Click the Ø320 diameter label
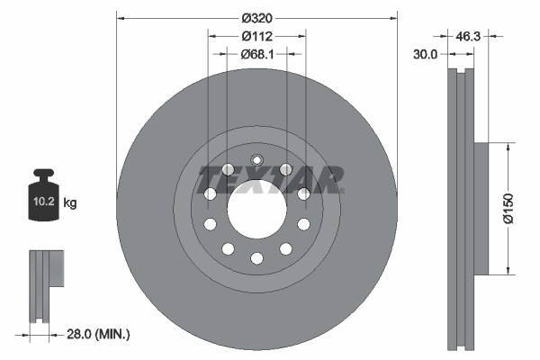256,16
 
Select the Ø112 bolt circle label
256,36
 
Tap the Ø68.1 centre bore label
256,54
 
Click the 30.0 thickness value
425,55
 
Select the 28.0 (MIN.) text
101,335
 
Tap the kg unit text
70,203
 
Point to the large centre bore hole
256,210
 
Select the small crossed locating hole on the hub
256,162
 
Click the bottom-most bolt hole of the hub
256,258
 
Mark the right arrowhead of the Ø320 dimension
392,16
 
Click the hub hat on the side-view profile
480,208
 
